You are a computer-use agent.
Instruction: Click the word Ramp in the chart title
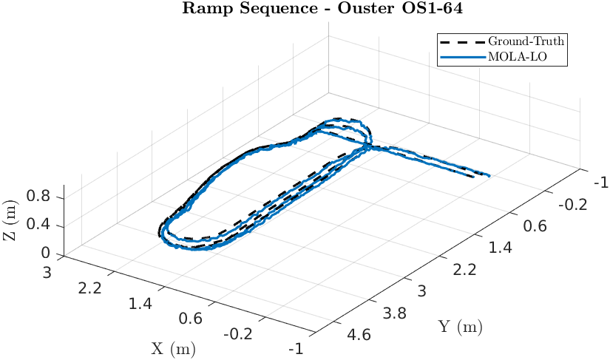[199, 10]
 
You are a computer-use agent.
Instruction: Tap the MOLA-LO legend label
[517, 56]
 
